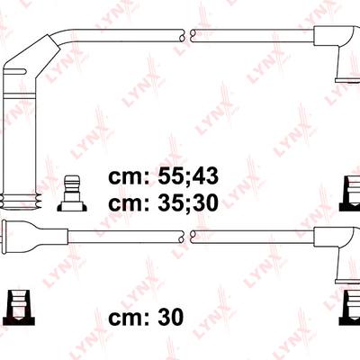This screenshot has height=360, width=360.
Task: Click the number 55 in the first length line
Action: coord(169,175)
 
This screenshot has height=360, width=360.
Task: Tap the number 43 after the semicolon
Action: coord(206,175)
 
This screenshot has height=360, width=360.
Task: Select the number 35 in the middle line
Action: coord(169,202)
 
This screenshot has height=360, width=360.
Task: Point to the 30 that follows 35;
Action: coord(206,202)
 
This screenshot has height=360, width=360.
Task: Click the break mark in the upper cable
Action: coord(187,35)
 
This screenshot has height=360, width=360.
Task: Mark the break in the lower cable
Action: coord(187,237)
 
